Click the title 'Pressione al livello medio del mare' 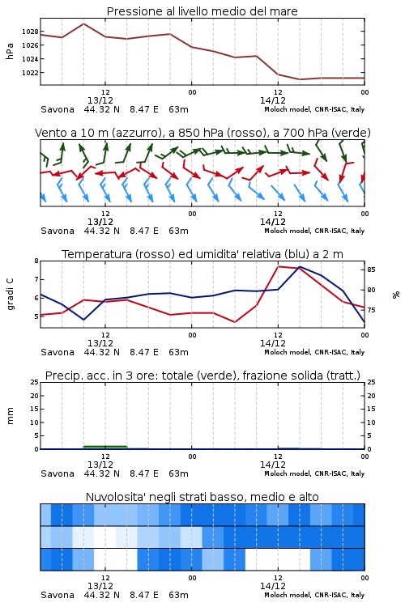coord(202,11)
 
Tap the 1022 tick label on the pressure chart coord(30,73)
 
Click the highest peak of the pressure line coord(83,23)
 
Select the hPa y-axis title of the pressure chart coord(10,51)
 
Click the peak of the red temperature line coord(279,266)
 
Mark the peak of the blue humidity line coord(300,267)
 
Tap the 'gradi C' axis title coord(11,295)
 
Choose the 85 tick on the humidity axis coord(371,270)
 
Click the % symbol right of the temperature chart coord(396,295)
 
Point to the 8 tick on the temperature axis coord(36,261)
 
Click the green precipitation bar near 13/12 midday coord(105,447)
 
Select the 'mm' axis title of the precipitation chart coord(11,416)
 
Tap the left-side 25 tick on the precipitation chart coord(35,382)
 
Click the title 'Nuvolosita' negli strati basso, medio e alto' coord(202,497)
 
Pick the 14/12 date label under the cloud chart coord(273,586)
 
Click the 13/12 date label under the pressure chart coord(100,100)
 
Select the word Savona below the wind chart coord(58,231)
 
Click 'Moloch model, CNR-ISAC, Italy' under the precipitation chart coord(314,473)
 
